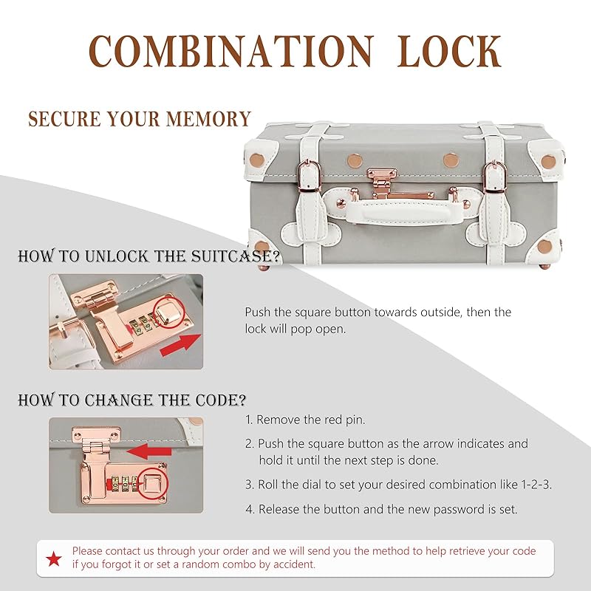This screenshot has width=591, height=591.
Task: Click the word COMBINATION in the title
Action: [x=231, y=51]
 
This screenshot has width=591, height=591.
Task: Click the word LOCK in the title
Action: [x=449, y=51]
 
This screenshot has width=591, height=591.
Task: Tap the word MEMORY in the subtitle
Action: [x=208, y=119]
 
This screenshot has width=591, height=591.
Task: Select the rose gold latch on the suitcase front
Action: [x=383, y=184]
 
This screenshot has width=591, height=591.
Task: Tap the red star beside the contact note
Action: [x=54, y=558]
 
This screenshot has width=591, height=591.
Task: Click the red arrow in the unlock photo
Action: [x=180, y=346]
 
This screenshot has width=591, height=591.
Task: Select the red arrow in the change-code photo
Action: [x=149, y=451]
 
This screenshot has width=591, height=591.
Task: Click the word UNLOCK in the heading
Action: [x=117, y=256]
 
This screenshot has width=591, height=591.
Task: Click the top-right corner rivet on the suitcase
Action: [x=548, y=162]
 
